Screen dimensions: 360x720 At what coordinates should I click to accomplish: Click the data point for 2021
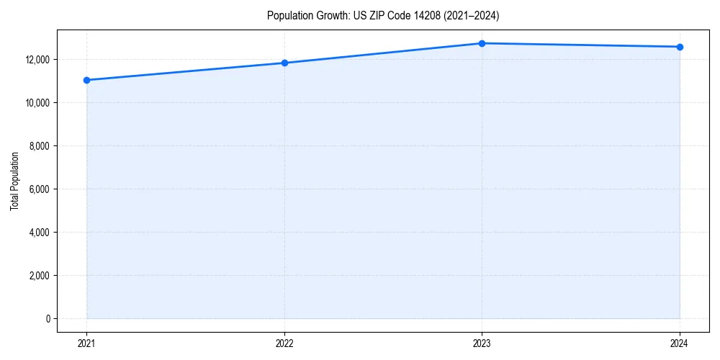pos(86,80)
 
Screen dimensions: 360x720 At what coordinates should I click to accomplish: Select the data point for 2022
pos(284,63)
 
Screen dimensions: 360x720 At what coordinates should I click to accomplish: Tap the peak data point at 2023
pos(482,43)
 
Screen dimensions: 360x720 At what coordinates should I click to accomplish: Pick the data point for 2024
pos(680,47)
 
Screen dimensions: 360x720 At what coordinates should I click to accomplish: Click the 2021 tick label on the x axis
pos(86,343)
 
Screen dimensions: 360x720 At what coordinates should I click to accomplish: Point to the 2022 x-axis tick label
pos(284,343)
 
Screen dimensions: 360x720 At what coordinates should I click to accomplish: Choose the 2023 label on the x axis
pos(482,343)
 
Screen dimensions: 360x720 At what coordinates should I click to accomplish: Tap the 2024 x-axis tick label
pos(680,343)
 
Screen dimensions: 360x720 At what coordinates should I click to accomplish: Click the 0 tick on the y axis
pos(49,319)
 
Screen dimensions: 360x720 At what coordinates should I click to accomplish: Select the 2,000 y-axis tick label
pos(40,276)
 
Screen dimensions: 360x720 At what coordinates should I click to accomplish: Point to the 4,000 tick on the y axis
pos(40,233)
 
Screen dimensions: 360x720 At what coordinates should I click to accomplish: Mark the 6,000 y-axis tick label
pos(40,189)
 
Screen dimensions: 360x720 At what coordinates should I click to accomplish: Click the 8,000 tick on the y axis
pos(40,146)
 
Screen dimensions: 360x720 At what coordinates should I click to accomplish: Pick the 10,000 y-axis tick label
pos(38,103)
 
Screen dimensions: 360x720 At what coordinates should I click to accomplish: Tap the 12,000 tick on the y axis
pos(38,60)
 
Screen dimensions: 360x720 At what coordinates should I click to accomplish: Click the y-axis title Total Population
pos(14,181)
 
